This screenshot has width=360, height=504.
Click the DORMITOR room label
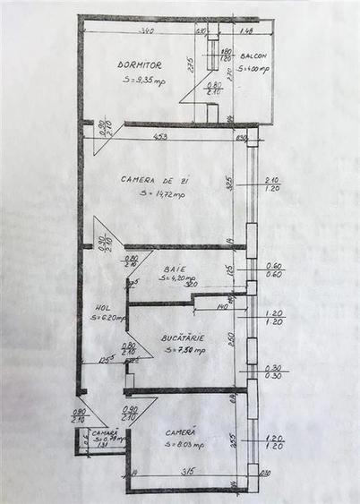[x=140, y=65]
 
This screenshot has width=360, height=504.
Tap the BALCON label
[x=253, y=56]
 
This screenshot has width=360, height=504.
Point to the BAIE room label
[x=174, y=269]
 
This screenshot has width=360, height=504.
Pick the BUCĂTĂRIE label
[x=183, y=337]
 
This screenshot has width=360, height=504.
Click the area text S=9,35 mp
[x=144, y=81]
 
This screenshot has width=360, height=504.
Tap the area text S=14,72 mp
[x=162, y=193]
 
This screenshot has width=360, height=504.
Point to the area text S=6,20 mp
[x=105, y=318]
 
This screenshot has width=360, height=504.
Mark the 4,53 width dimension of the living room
[x=160, y=137]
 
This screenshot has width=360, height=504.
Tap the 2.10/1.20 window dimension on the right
[x=274, y=185]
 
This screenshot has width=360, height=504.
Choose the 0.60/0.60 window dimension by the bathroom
[x=274, y=269]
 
